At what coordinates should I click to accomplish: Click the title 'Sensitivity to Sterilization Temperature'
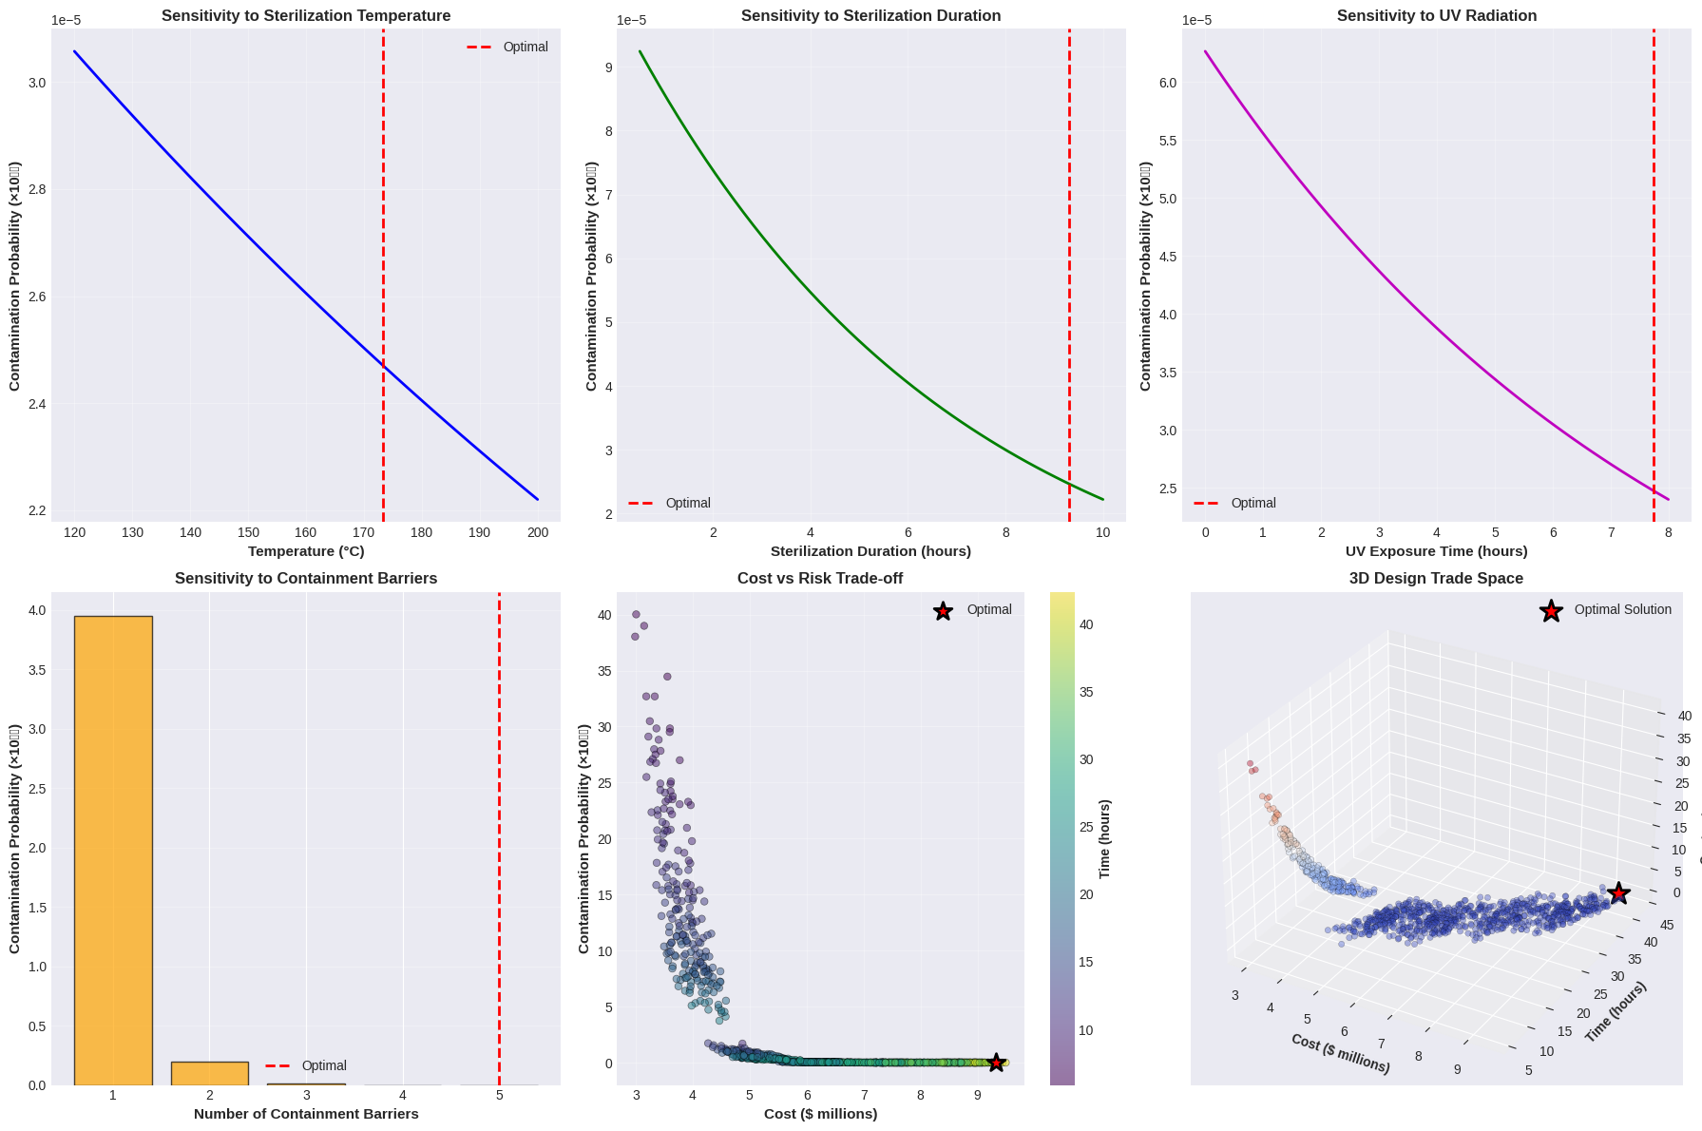(x=306, y=16)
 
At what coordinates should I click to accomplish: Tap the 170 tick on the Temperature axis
(x=364, y=532)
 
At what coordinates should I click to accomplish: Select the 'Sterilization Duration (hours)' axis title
(x=870, y=551)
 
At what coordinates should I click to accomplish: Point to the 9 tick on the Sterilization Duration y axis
(x=606, y=67)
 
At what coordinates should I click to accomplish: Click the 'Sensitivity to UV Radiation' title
(x=1436, y=16)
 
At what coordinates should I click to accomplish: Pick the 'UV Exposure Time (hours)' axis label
(x=1436, y=551)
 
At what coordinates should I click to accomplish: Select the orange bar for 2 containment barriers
(x=210, y=1073)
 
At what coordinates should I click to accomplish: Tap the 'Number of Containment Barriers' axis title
(x=306, y=1114)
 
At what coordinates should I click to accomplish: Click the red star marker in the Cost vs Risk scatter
(x=995, y=1063)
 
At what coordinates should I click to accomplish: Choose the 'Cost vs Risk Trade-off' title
(x=819, y=579)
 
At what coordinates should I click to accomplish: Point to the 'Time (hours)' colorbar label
(x=1104, y=838)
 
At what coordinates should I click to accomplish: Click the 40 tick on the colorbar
(x=1086, y=624)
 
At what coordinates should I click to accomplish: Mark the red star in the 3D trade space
(x=1618, y=893)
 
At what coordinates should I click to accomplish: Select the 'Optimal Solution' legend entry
(x=1622, y=610)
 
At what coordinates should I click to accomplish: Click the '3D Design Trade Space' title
(x=1436, y=579)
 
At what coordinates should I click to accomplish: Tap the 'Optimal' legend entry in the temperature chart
(x=525, y=47)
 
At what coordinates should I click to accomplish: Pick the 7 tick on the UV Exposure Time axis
(x=1611, y=532)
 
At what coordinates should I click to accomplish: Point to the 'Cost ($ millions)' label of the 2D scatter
(x=819, y=1114)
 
